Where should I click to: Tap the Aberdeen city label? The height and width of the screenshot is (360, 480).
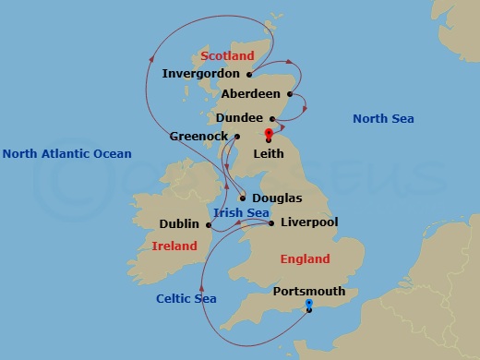pyautogui.click(x=250, y=94)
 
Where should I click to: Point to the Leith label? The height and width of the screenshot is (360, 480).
pyautogui.click(x=269, y=154)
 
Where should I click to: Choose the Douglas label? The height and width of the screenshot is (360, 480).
pyautogui.click(x=276, y=198)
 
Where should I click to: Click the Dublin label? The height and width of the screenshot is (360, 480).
pyautogui.click(x=179, y=223)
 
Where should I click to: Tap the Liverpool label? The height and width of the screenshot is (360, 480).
pyautogui.click(x=309, y=222)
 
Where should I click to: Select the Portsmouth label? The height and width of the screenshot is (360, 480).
pyautogui.click(x=309, y=292)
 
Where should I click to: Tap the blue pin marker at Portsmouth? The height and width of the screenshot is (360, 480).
pyautogui.click(x=308, y=304)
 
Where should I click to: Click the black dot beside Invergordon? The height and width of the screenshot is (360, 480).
pyautogui.click(x=248, y=74)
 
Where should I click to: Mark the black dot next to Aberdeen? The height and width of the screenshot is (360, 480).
pyautogui.click(x=290, y=94)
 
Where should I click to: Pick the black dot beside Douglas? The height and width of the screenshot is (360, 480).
pyautogui.click(x=243, y=198)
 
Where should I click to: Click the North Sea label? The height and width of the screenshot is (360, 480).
pyautogui.click(x=383, y=118)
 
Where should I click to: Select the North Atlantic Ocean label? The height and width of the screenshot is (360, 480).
pyautogui.click(x=67, y=154)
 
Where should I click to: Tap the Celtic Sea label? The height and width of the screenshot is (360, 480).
pyautogui.click(x=186, y=298)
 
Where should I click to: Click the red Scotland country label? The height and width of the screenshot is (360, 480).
pyautogui.click(x=227, y=56)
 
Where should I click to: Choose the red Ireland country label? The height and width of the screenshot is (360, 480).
pyautogui.click(x=174, y=246)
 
